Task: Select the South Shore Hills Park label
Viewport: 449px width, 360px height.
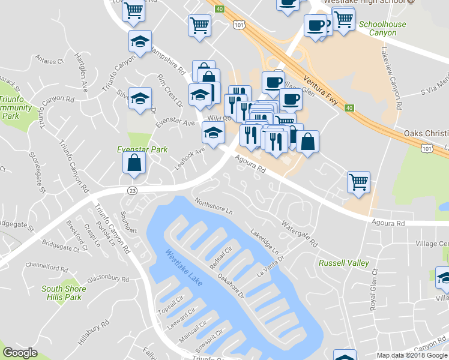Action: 64,293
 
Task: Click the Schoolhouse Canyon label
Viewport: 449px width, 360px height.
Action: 382,28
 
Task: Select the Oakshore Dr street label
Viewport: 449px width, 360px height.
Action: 231,286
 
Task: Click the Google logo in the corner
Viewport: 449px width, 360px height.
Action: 20,353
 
